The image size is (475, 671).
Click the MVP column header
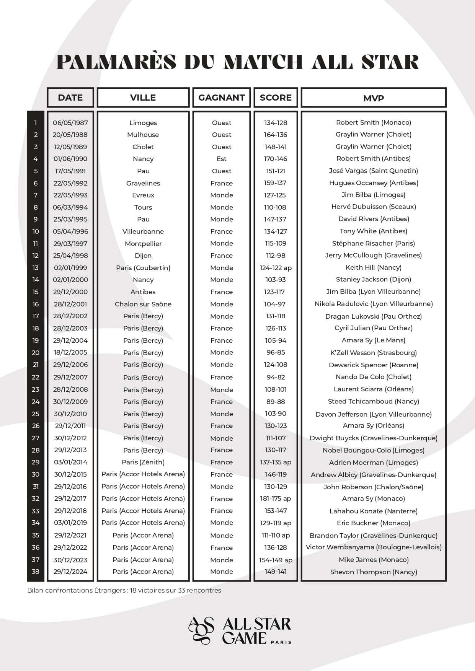coord(374,98)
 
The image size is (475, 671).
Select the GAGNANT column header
coord(221,98)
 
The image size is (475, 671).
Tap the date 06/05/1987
coord(70,123)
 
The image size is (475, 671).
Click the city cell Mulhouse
coord(143,135)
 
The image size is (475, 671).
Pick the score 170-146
coord(276,159)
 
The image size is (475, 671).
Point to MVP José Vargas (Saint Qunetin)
coord(373,171)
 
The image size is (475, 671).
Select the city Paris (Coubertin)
coord(143,268)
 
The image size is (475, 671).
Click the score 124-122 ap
coord(276,268)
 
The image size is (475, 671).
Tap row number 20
coord(36,353)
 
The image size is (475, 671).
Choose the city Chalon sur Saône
coord(143,304)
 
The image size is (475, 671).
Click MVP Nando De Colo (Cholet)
coord(373,377)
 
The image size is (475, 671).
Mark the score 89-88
coord(276,402)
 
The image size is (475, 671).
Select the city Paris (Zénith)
coord(143,462)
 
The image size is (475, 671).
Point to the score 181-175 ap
coord(276,498)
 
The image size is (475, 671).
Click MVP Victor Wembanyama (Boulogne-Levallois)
coord(373,547)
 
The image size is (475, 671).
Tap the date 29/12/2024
coord(70,572)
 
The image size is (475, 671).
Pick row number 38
coord(36,572)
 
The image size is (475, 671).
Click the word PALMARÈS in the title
coord(116,62)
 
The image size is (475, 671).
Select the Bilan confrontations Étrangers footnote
coord(124,590)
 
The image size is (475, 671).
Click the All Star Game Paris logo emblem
coord(201,630)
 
